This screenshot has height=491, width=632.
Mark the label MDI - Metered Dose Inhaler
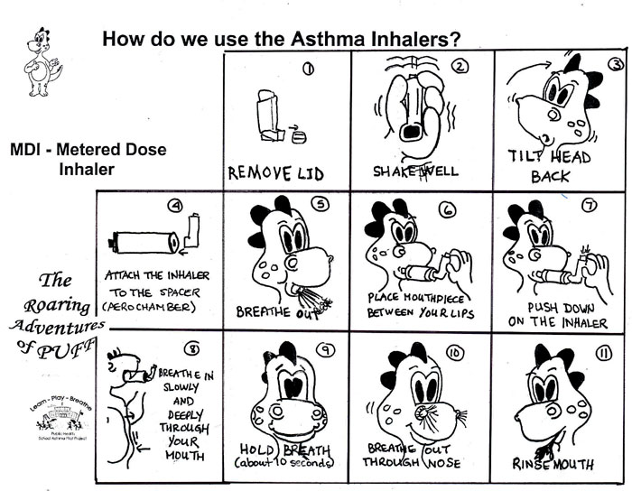coord(88,158)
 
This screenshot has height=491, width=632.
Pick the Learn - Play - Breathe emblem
coord(56,419)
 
